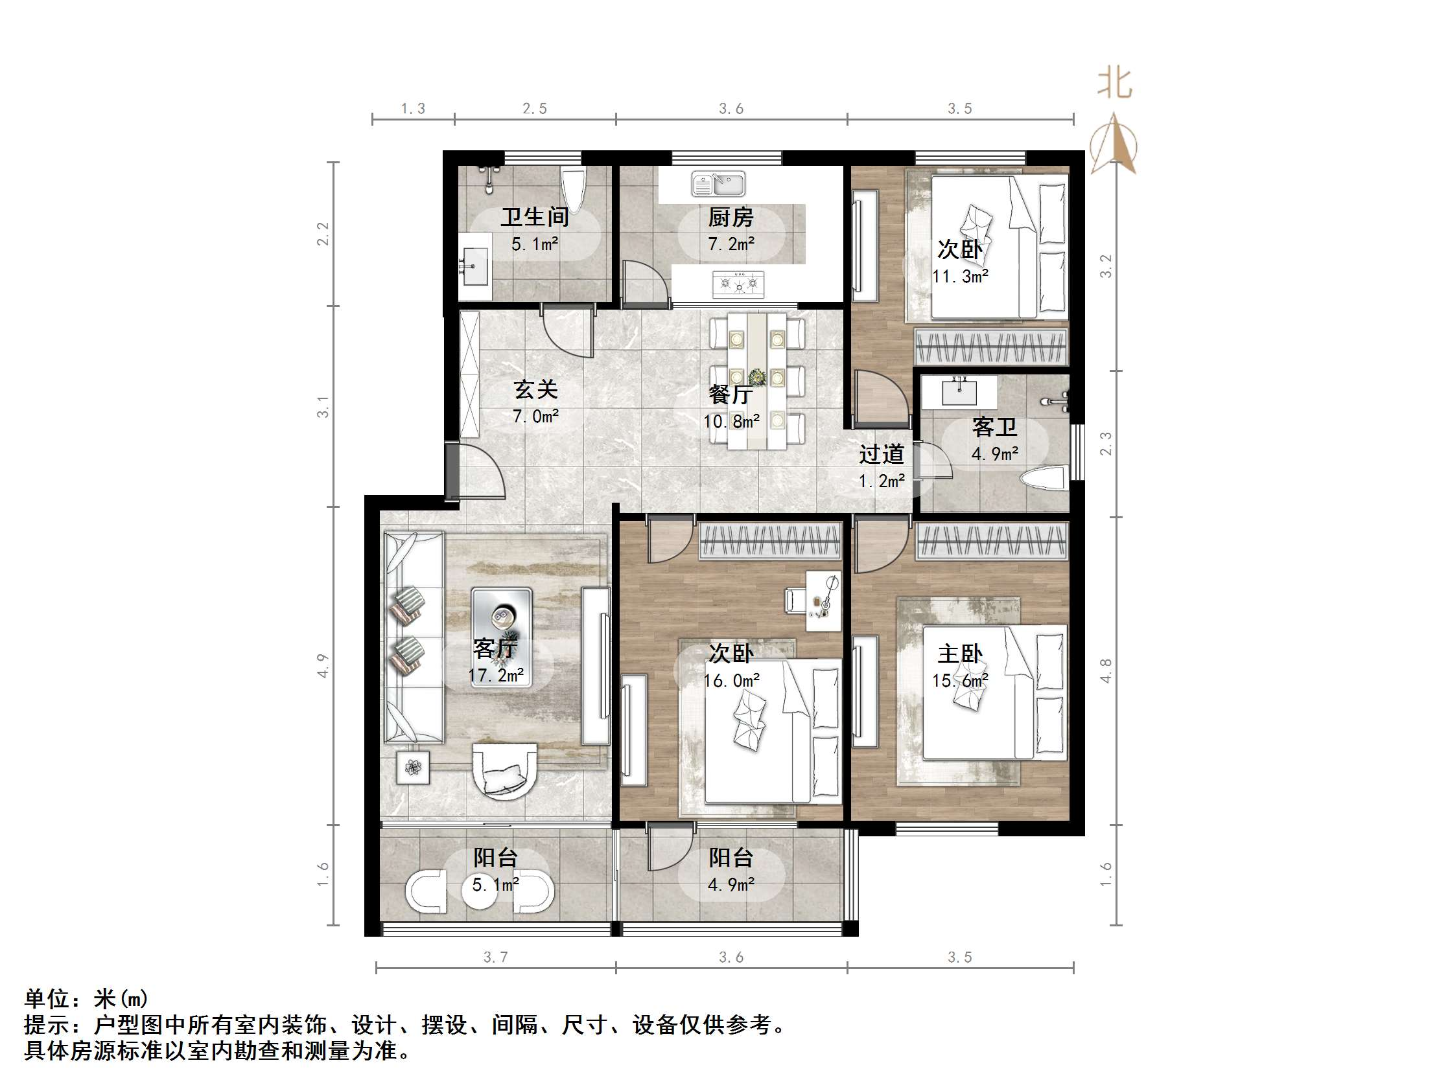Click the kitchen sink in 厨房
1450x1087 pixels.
pyautogui.click(x=718, y=184)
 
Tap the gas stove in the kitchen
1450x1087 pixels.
pyautogui.click(x=739, y=283)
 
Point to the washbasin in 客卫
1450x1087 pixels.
pyautogui.click(x=959, y=392)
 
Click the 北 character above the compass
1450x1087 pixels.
pyautogui.click(x=1114, y=83)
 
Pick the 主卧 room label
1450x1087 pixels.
pyautogui.click(x=960, y=653)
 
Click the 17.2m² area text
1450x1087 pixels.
pyautogui.click(x=496, y=675)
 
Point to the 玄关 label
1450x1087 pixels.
pyautogui.click(x=535, y=389)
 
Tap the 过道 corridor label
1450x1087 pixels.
pyautogui.click(x=882, y=453)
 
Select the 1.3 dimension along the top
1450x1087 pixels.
pyautogui.click(x=413, y=109)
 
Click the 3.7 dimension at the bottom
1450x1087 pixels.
pyautogui.click(x=496, y=957)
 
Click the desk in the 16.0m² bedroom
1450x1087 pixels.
pyautogui.click(x=823, y=601)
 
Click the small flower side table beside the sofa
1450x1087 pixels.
pyautogui.click(x=413, y=766)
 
